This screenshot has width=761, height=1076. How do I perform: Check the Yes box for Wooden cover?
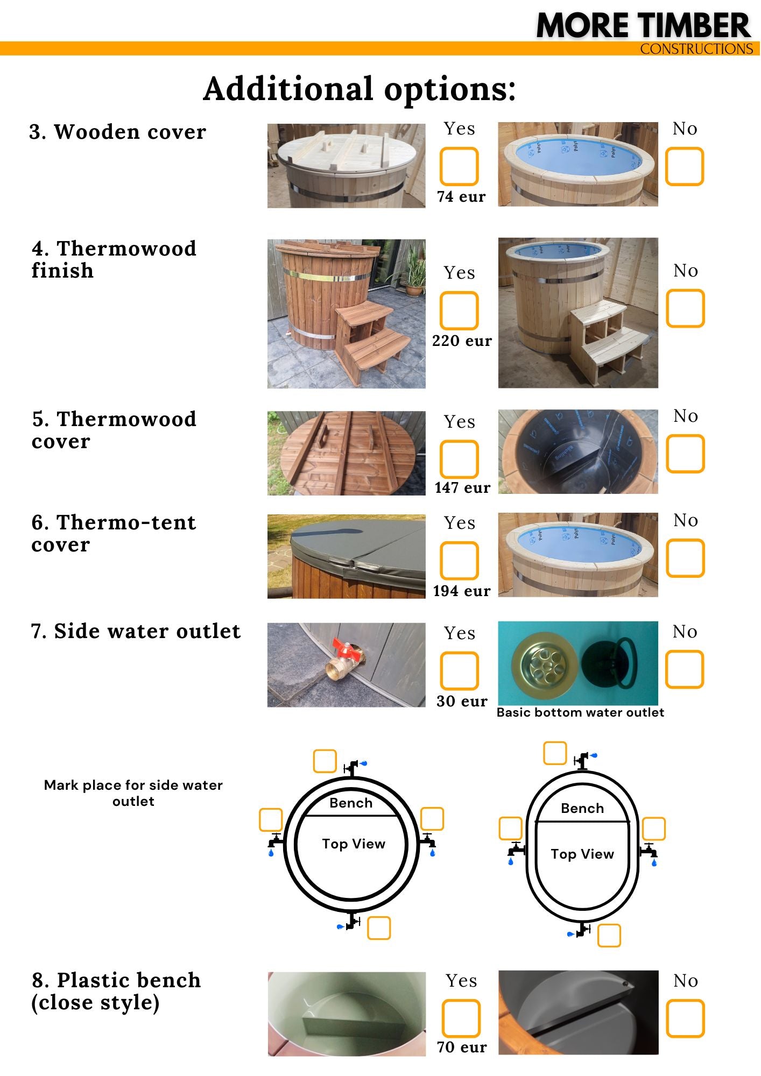coord(459,166)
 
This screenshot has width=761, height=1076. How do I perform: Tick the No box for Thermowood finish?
coord(685,308)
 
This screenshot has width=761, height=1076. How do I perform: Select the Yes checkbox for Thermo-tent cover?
coord(459,561)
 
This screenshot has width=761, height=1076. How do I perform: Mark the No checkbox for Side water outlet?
coord(685,669)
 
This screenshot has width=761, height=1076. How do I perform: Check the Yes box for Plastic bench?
coord(461,1018)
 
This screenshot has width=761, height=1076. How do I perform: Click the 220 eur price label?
coord(462,341)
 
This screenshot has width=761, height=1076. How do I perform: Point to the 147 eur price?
coord(462,487)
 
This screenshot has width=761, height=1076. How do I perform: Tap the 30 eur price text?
coord(462,701)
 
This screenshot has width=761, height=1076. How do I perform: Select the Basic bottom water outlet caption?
coord(580,712)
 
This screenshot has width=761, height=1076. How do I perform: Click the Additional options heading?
coord(360,89)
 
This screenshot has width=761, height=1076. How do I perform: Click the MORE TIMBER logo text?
coord(643,25)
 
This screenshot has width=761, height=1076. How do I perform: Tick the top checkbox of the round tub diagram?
coord(325,761)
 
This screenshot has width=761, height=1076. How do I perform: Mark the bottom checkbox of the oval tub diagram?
coord(609,935)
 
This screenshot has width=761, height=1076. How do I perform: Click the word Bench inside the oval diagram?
coord(582,808)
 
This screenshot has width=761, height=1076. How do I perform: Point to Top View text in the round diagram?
coord(354,844)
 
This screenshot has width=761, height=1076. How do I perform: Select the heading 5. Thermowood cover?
coord(114,430)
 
